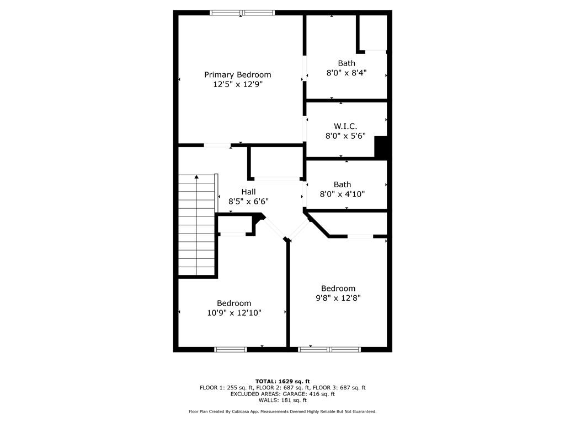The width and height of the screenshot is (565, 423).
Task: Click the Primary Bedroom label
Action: click(237, 75)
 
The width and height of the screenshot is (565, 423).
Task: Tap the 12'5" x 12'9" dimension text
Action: click(237, 84)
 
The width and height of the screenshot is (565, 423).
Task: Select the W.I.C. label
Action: click(345, 126)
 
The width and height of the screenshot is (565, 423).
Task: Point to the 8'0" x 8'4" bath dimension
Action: click(347, 73)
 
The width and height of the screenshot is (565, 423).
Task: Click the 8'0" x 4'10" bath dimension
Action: click(342, 194)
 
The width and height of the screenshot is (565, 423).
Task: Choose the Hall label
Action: click(249, 192)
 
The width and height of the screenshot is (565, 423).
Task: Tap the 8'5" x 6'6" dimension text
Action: click(249, 202)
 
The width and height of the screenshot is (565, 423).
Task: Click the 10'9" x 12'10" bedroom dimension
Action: click(234, 313)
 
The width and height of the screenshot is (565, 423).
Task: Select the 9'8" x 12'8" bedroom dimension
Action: click(338, 298)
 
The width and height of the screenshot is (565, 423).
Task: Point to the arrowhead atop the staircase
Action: click(196, 177)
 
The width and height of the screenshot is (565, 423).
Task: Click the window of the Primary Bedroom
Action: click(242, 13)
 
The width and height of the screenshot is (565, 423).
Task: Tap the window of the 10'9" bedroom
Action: click(231, 349)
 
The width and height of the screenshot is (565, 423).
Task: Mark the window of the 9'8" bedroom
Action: click(329, 349)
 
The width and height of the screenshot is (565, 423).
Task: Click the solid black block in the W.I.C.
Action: click(381, 147)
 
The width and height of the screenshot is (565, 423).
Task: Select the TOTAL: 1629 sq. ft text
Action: click(282, 381)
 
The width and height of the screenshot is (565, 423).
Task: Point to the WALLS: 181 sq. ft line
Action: click(282, 400)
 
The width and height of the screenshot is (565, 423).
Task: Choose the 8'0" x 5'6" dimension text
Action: click(345, 136)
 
